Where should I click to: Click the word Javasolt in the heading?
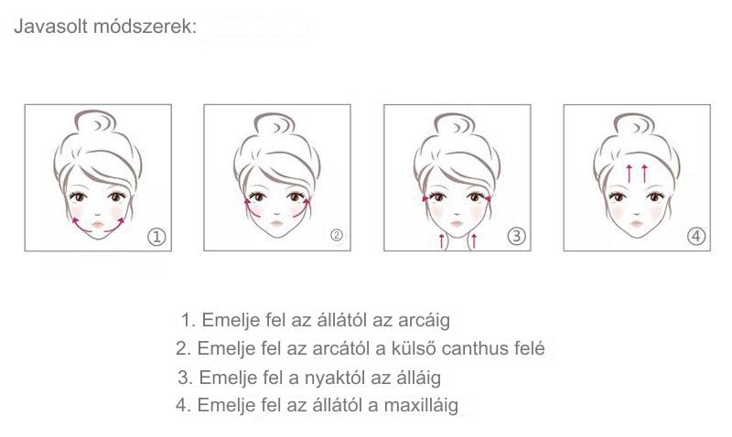(x=51, y=27)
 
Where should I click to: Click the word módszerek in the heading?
(x=143, y=27)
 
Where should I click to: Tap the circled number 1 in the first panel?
(x=156, y=237)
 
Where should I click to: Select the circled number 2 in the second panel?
(x=337, y=236)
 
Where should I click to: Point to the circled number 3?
(x=516, y=237)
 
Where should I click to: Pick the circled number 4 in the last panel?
(x=696, y=237)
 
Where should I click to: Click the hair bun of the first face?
(x=95, y=123)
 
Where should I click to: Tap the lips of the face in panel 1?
(x=98, y=225)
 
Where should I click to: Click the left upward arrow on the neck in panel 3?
(x=441, y=240)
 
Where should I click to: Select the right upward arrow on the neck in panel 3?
(x=474, y=240)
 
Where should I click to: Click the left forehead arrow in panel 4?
(x=630, y=173)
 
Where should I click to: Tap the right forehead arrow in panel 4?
(x=645, y=173)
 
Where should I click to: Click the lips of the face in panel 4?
(x=637, y=224)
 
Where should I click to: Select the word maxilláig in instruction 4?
(x=421, y=405)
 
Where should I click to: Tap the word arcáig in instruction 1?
(x=424, y=320)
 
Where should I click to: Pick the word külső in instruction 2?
(x=414, y=348)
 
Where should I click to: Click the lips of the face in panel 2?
(x=277, y=223)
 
